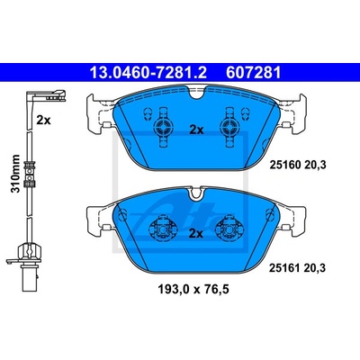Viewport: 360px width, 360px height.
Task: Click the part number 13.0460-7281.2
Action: tap(148, 73)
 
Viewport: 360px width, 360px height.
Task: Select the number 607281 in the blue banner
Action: tap(254, 73)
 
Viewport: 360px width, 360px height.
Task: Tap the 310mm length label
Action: tap(15, 174)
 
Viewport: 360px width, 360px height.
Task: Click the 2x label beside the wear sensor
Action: tap(44, 121)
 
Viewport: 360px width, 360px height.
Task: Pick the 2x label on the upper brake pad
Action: tap(196, 130)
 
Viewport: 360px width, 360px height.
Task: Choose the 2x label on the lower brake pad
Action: tap(196, 233)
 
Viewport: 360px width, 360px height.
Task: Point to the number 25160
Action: tap(285, 165)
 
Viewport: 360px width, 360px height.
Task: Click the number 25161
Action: tap(284, 267)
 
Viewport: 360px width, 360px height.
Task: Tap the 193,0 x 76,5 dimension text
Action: tap(193, 289)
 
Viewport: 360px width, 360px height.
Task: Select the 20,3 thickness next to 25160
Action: tap(315, 165)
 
